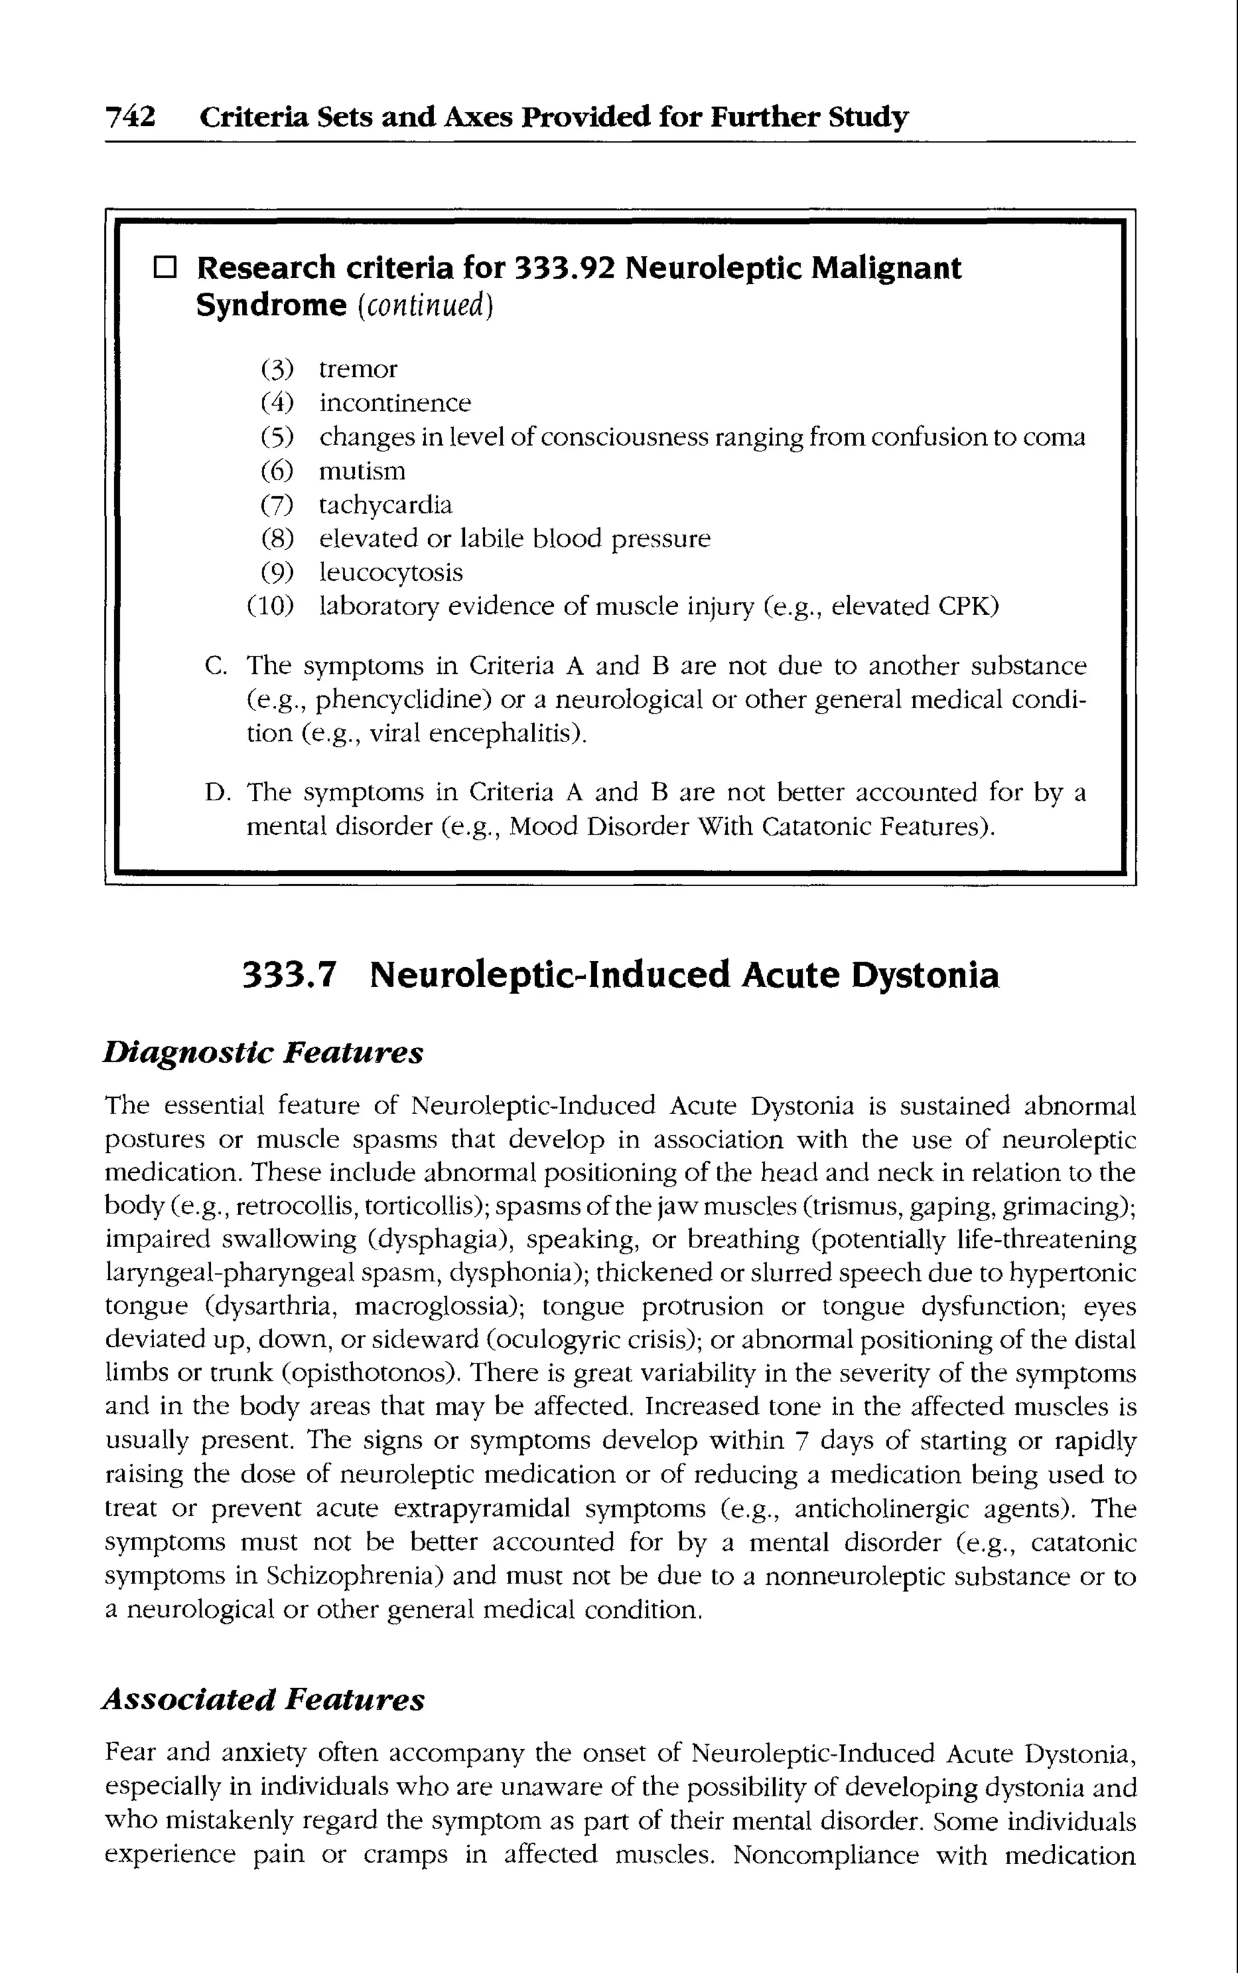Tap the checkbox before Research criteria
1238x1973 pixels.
pyautogui.click(x=164, y=268)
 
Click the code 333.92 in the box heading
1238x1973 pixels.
pyautogui.click(x=565, y=268)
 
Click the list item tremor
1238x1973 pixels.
pyautogui.click(x=358, y=370)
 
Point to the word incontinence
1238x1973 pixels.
pyautogui.click(x=395, y=403)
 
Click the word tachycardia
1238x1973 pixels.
pyautogui.click(x=385, y=504)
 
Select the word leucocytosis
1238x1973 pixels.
pyautogui.click(x=391, y=573)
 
